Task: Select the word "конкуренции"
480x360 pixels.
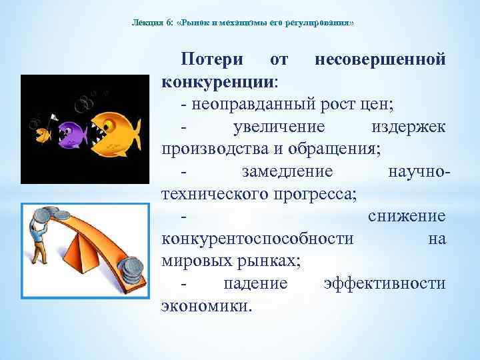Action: [216, 83]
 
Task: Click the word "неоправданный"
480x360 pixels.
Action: [246, 105]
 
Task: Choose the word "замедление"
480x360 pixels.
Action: [287, 171]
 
